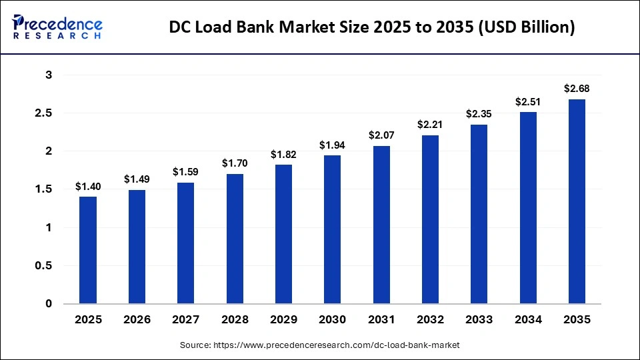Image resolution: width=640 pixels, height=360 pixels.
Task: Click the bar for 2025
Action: pyautogui.click(x=88, y=250)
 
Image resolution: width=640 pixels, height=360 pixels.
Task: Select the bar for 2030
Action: pyautogui.click(x=332, y=229)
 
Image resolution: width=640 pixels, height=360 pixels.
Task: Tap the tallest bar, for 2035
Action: pyautogui.click(x=577, y=201)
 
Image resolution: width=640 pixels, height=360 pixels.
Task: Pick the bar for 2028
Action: pyautogui.click(x=235, y=239)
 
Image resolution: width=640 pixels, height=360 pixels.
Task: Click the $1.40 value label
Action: pyautogui.click(x=88, y=187)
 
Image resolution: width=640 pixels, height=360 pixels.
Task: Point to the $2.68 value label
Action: pyautogui.click(x=577, y=89)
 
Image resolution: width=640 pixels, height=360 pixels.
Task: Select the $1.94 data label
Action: pyautogui.click(x=332, y=145)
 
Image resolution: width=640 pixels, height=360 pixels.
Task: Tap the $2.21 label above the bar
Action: pyautogui.click(x=430, y=125)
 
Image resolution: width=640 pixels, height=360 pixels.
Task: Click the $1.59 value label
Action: pyautogui.click(x=185, y=172)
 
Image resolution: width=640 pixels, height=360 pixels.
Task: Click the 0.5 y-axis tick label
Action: pyautogui.click(x=44, y=266)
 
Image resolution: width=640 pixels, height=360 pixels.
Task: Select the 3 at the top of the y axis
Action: pyautogui.click(x=49, y=75)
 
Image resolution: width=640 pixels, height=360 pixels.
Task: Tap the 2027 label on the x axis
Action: pyautogui.click(x=185, y=320)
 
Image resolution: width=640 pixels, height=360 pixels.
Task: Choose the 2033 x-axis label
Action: pyautogui.click(x=479, y=320)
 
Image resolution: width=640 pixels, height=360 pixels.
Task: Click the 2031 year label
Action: pyautogui.click(x=381, y=320)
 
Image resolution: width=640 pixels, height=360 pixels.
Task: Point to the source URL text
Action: pyautogui.click(x=320, y=345)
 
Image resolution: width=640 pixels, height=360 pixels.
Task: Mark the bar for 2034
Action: pyautogui.click(x=528, y=208)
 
